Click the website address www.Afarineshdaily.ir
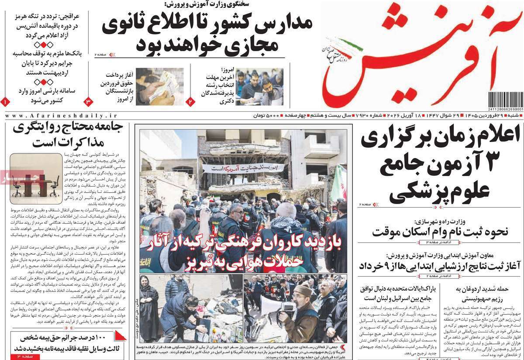click(62, 115)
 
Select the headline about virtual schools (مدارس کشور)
click(207, 34)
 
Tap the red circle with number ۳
click(87, 101)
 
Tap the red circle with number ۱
click(5, 101)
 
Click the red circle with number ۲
click(191, 101)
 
